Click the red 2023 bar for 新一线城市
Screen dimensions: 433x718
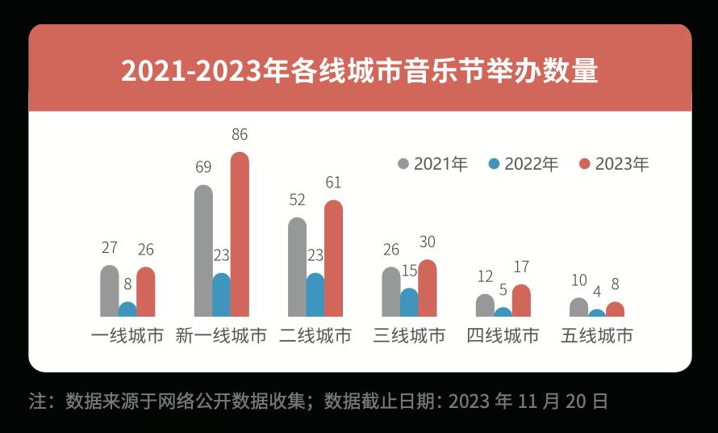240,234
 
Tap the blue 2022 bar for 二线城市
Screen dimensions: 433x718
315,295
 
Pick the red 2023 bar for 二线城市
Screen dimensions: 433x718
333,259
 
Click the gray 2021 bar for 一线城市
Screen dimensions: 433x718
110,291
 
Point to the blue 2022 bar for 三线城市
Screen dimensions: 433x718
409,302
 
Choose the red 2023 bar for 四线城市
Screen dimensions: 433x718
521,301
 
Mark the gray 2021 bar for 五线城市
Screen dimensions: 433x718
578,308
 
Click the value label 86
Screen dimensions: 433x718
240,135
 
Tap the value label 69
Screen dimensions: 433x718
203,167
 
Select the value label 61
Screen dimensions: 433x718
333,183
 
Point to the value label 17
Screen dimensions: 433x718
521,267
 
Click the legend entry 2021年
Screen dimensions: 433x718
433,164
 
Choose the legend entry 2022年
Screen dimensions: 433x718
524,164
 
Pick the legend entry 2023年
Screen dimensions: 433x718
614,164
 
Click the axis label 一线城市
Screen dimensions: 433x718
127,336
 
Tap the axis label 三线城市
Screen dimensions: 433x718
409,336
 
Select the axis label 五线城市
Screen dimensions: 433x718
597,336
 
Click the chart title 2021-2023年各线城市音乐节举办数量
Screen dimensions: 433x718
360,70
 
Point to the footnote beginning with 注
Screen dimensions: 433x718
319,401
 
